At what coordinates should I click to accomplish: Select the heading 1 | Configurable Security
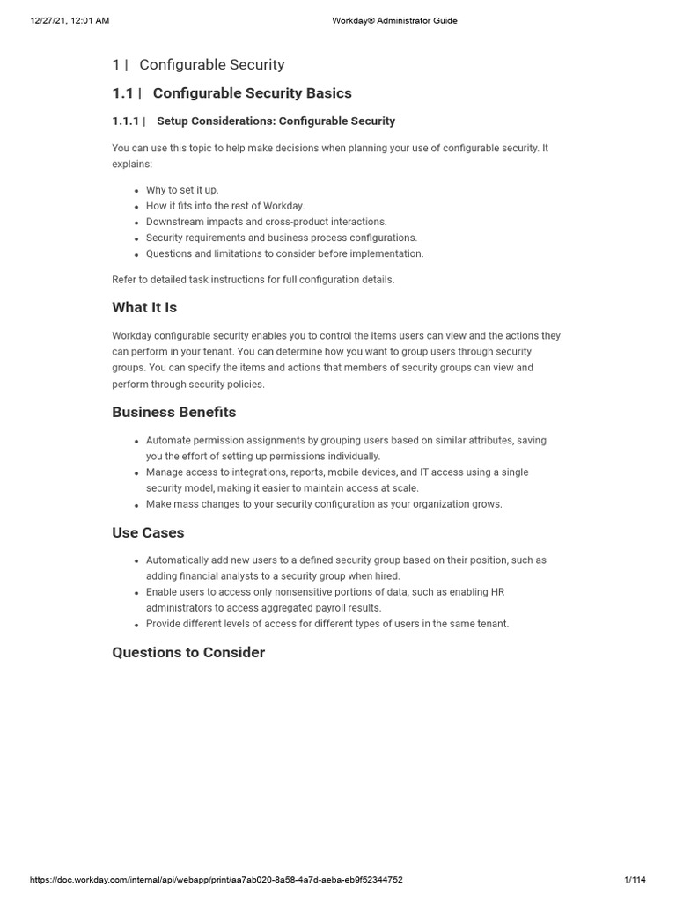(x=199, y=64)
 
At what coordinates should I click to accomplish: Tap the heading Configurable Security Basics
(x=253, y=93)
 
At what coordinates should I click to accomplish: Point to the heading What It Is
(x=144, y=308)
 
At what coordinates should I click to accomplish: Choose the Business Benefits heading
(x=174, y=412)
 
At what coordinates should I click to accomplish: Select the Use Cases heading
(x=148, y=532)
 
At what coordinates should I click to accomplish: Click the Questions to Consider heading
(x=188, y=652)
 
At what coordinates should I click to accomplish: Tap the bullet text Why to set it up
(x=182, y=190)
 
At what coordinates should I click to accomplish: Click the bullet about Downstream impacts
(x=266, y=222)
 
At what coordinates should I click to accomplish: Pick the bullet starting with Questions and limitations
(x=284, y=253)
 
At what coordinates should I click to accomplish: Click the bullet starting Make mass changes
(x=324, y=504)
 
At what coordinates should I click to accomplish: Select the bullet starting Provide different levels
(x=327, y=624)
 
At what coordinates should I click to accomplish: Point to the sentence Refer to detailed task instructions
(x=253, y=280)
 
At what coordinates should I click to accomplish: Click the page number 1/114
(x=635, y=879)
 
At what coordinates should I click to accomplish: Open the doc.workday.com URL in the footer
(x=217, y=879)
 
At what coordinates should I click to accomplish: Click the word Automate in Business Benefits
(x=167, y=440)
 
